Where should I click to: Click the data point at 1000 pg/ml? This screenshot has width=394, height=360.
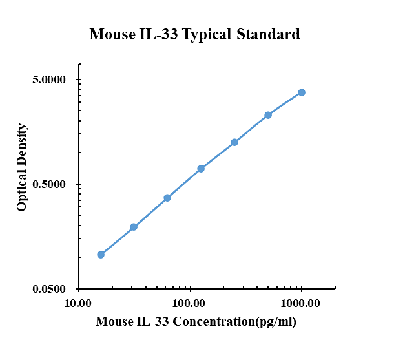coord(302,92)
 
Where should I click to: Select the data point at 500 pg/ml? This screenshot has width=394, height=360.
coord(268,115)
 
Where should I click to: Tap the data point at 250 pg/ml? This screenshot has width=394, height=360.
coord(234,142)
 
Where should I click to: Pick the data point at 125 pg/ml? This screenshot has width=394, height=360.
coord(201,169)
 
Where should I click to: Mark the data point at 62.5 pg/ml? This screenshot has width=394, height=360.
coord(167,198)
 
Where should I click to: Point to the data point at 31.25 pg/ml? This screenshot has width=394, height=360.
coord(134,227)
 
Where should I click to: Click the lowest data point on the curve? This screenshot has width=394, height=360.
coord(101,255)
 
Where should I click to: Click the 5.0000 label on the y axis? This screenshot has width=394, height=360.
coord(50,80)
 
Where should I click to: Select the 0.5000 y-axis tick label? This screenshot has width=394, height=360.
coord(50,185)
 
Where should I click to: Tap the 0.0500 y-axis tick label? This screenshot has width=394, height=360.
coord(50,290)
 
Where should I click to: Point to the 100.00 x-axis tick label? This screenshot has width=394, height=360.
coord(190,302)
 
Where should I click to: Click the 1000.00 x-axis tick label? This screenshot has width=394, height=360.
coord(302,302)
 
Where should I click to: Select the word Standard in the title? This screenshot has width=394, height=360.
coord(271,34)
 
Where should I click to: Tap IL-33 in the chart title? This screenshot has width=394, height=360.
coord(158,34)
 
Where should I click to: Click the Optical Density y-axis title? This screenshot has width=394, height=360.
coord(22,167)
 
